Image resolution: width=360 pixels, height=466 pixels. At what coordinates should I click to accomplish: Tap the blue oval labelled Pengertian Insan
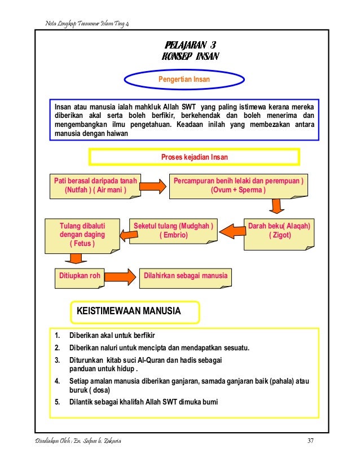(183, 80)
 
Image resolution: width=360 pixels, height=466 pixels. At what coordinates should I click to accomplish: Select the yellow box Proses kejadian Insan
(194, 156)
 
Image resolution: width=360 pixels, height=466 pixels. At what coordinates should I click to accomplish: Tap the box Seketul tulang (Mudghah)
(173, 231)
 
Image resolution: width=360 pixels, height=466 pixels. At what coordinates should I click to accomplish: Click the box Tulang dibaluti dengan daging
(82, 234)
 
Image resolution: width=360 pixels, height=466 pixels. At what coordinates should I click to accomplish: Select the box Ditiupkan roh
(80, 276)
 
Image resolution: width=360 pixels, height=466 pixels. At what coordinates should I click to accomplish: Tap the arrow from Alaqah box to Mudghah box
(230, 231)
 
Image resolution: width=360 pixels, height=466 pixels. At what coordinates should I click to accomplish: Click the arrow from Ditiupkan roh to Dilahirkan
(120, 276)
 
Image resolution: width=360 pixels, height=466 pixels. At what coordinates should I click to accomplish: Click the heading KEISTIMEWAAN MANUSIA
(133, 311)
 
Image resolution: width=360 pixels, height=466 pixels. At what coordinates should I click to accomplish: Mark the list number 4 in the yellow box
(57, 381)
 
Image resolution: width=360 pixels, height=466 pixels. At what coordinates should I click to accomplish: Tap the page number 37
(309, 440)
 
